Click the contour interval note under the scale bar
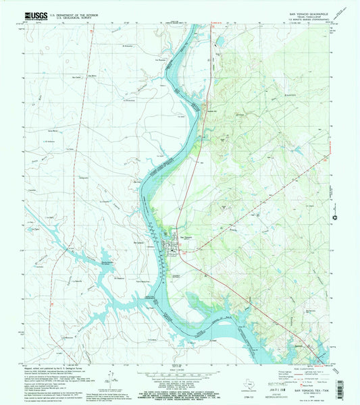coord(179,379)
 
